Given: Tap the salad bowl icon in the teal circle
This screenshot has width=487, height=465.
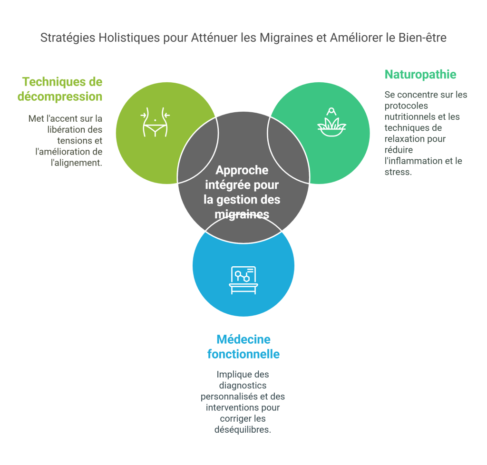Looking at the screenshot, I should coord(331,123).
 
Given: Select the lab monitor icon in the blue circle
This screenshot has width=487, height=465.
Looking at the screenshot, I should coord(243,280).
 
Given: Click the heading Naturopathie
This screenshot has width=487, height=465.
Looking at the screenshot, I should coord(420,75).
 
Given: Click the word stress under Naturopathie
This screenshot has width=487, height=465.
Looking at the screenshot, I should coord(398,172).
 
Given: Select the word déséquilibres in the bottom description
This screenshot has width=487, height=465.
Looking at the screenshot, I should coord(243,429).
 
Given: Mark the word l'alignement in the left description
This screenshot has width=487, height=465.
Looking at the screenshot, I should coord(79,162).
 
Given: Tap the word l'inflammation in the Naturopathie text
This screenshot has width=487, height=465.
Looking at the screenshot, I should coord(412,161).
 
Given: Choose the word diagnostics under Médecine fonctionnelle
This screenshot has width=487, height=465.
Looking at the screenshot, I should coord(243,385).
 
